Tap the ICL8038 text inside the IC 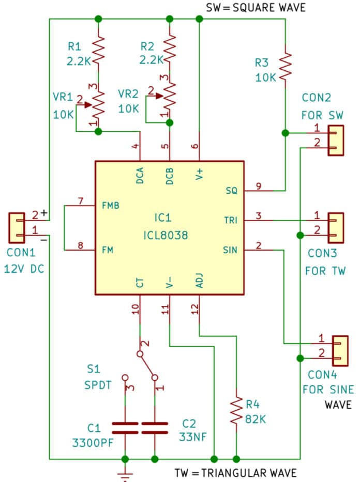tap(168, 236)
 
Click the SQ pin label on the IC tap(231, 191)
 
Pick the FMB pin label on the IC tap(111, 205)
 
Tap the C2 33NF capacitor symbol tap(154, 427)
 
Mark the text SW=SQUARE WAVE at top tap(256, 7)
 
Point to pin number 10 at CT tap(136, 309)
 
